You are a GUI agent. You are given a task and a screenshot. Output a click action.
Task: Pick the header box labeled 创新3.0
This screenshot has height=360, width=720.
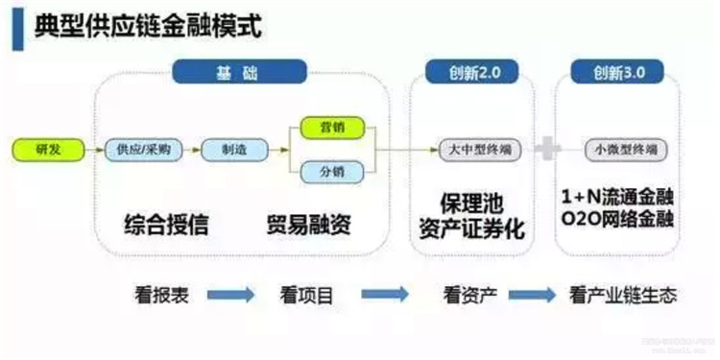[616, 73]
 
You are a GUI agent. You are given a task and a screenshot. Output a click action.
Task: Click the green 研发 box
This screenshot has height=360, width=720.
[47, 149]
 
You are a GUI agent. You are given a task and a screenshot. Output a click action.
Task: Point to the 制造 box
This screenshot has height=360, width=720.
[229, 149]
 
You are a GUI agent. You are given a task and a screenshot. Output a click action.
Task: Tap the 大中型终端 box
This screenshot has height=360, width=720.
[470, 150]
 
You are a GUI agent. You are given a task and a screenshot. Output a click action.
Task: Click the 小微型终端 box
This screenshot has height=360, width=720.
[619, 150]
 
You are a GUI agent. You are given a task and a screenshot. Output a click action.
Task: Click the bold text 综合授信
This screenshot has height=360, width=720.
[165, 226]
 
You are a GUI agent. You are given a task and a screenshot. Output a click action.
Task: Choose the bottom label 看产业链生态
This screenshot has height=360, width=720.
[623, 295]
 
